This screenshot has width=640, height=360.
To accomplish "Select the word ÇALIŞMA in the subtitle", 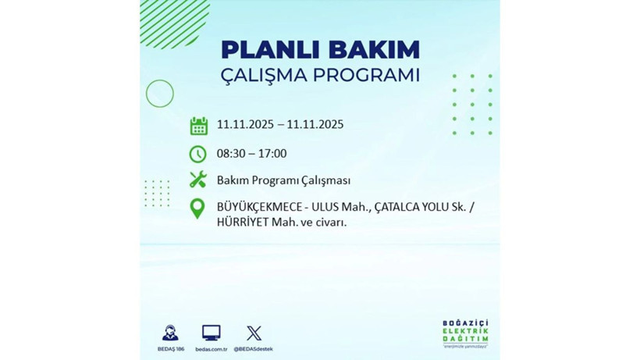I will click(x=268, y=77).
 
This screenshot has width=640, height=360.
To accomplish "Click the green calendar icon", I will click(x=198, y=126).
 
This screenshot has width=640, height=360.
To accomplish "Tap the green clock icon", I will click(x=198, y=154).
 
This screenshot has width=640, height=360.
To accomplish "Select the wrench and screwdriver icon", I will click(x=198, y=180).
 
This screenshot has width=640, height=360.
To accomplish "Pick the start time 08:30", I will click(x=231, y=154).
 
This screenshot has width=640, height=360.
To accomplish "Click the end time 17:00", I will click(x=272, y=154).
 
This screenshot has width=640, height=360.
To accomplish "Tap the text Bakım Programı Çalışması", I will click(x=283, y=180).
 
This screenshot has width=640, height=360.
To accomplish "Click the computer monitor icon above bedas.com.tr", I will click(x=211, y=333).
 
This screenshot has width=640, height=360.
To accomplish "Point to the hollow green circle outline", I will click(x=159, y=94).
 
